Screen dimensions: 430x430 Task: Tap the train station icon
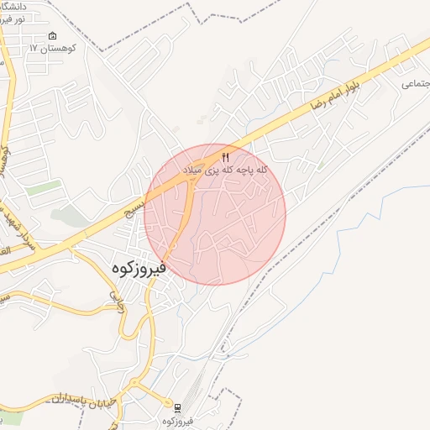click(x=177, y=406)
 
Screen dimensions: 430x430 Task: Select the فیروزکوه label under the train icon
click(x=177, y=419)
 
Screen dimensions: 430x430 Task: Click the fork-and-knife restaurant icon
click(x=225, y=157)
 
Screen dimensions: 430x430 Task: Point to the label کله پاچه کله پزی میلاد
click(x=226, y=170)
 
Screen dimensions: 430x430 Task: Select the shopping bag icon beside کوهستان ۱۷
click(x=53, y=35)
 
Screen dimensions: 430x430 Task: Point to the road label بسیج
click(x=134, y=198)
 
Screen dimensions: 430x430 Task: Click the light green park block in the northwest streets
click(x=42, y=187)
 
